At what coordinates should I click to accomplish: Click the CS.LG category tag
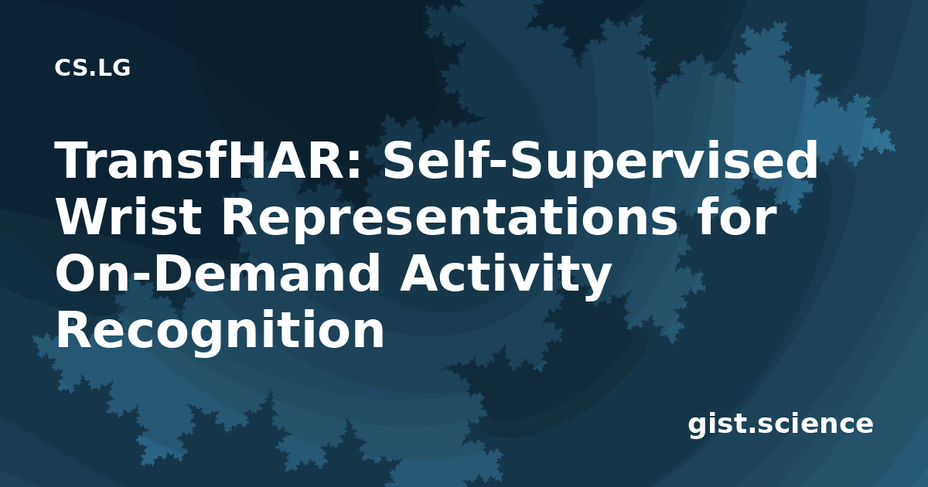[92, 67]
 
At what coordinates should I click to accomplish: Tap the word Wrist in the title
[129, 216]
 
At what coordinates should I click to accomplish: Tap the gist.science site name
[780, 424]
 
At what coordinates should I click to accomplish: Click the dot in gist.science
[750, 429]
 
